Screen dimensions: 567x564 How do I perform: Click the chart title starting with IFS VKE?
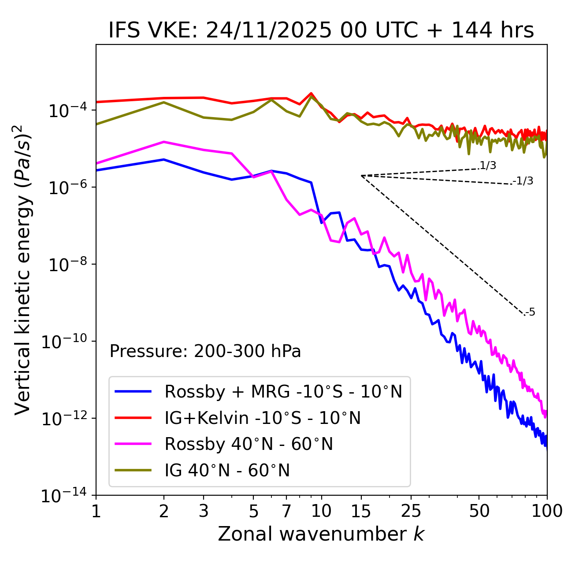(321, 30)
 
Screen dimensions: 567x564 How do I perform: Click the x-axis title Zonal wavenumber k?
(321, 534)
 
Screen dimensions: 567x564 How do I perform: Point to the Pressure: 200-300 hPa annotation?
(205, 351)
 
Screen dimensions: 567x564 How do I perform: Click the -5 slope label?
(530, 312)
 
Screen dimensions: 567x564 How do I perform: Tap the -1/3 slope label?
(523, 180)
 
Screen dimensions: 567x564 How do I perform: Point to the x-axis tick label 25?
(411, 511)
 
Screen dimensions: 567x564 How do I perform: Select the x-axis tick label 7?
(286, 511)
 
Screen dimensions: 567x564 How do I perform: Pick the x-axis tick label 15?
(361, 511)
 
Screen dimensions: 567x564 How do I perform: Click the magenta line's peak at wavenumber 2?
(164, 142)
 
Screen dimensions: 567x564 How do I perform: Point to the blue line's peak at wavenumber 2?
(164, 159)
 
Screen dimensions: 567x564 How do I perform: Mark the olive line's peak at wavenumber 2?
(164, 102)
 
